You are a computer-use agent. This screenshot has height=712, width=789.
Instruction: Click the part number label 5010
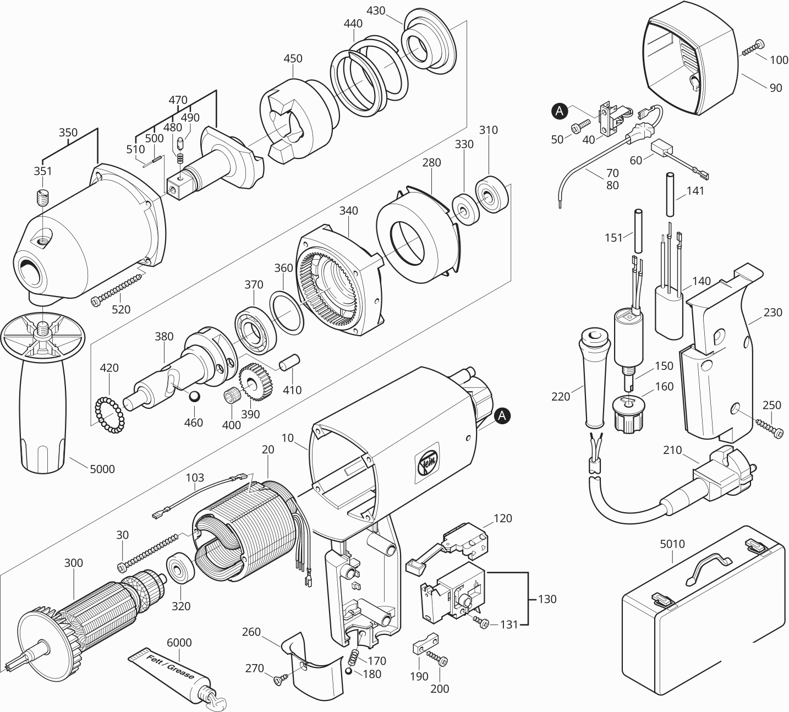click(672, 544)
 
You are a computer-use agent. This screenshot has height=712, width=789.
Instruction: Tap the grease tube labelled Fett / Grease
click(168, 675)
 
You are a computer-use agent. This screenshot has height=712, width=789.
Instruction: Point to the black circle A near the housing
click(502, 417)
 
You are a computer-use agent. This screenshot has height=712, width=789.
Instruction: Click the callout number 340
click(348, 211)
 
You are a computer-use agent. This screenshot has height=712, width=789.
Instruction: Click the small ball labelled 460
click(194, 397)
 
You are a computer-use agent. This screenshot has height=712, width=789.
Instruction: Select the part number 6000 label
click(179, 643)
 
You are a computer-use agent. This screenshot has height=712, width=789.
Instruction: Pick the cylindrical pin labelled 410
click(289, 363)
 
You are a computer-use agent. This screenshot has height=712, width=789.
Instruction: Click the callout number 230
click(772, 312)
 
